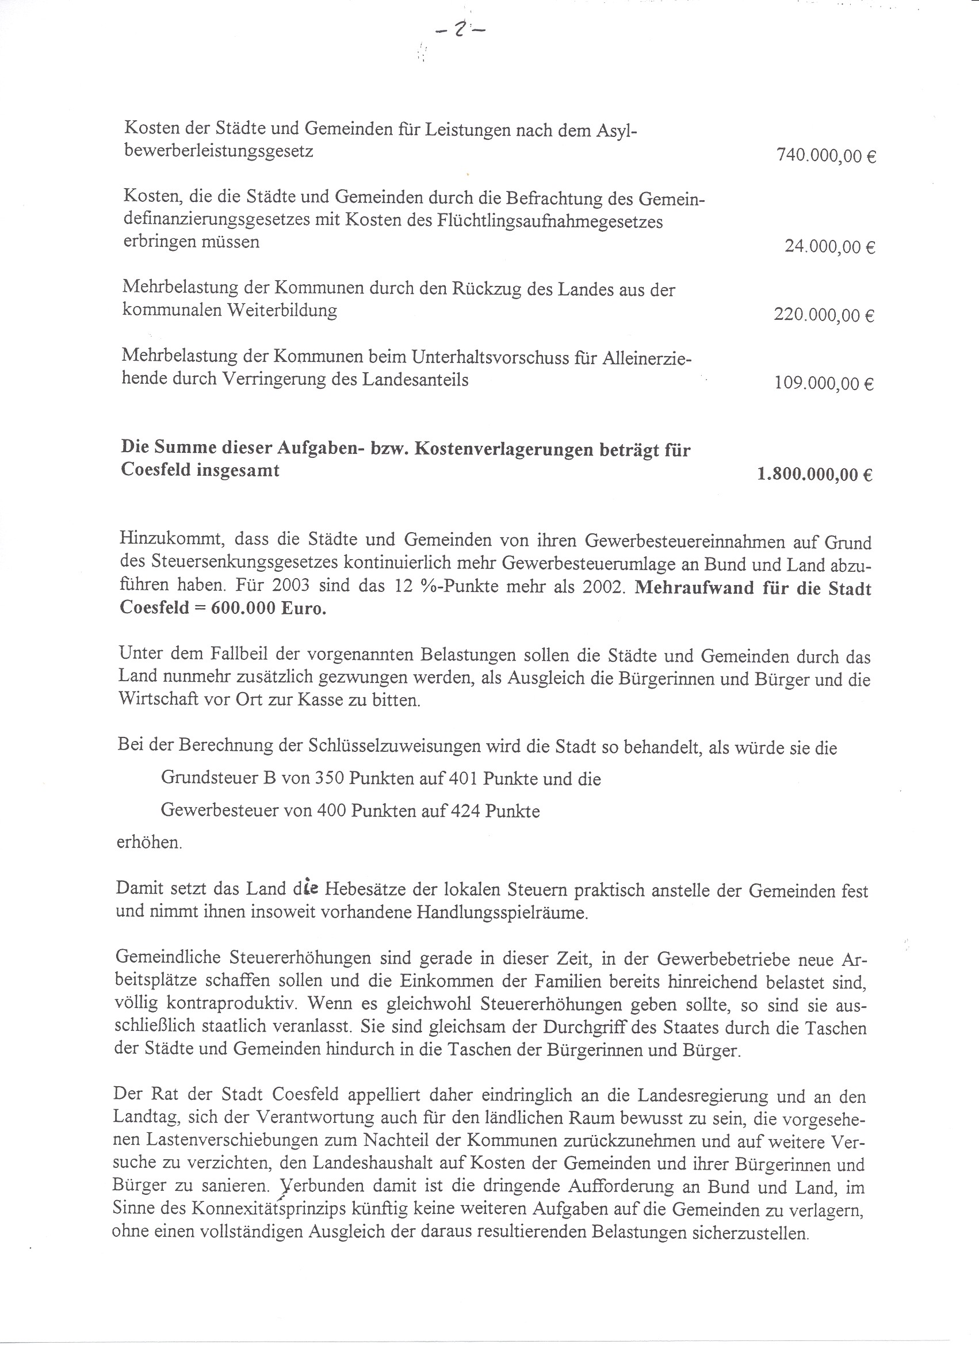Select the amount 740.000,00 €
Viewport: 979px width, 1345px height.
coord(826,156)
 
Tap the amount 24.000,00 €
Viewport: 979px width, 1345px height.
coord(829,246)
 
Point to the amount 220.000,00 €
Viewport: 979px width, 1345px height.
coord(824,315)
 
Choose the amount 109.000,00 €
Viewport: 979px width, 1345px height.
coord(824,384)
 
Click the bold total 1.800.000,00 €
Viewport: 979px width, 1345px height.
coord(814,475)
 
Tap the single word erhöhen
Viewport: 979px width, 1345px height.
coord(149,843)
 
